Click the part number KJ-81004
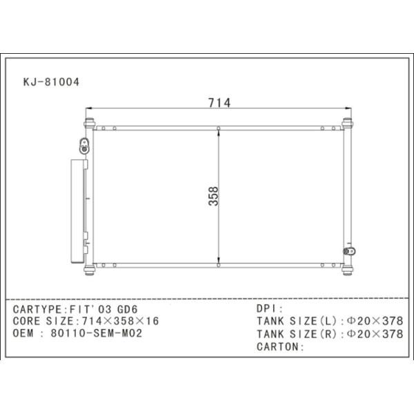(x=51, y=82)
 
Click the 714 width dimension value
(x=219, y=103)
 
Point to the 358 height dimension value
(x=213, y=196)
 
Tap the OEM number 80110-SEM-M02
(x=97, y=333)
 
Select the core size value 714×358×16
(x=120, y=321)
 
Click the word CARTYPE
(x=37, y=309)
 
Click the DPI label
(x=266, y=308)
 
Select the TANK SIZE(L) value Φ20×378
(x=375, y=321)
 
